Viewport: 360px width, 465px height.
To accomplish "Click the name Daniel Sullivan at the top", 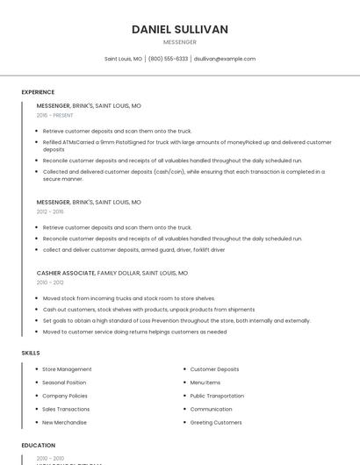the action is point(180,29).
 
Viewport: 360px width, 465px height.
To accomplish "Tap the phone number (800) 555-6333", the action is point(168,59).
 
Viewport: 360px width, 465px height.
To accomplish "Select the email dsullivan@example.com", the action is point(225,59).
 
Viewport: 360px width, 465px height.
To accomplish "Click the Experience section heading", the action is point(38,92).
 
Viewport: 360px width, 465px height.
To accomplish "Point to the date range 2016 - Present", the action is point(55,115).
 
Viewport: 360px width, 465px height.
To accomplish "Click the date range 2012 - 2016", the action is point(50,211).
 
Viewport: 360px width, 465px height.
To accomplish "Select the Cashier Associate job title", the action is point(66,273).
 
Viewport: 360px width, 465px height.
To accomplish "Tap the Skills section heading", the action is point(31,353).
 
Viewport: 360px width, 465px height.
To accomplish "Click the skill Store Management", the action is point(67,369).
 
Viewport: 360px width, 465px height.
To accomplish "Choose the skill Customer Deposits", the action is point(214,369).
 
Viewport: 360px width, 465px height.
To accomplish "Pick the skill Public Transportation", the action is point(217,396).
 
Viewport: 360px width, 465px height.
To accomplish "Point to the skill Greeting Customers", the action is point(216,422).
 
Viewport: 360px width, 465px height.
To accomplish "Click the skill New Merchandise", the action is point(65,422).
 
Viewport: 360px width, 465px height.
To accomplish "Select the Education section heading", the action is point(38,445).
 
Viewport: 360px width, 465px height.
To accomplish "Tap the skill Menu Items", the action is point(205,383).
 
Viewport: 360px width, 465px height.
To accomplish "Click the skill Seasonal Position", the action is point(64,383).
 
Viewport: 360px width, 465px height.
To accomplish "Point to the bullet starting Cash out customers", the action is point(148,309).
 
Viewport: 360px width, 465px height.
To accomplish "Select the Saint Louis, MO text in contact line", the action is point(123,59).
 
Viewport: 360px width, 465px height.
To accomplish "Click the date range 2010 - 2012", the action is point(50,283).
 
